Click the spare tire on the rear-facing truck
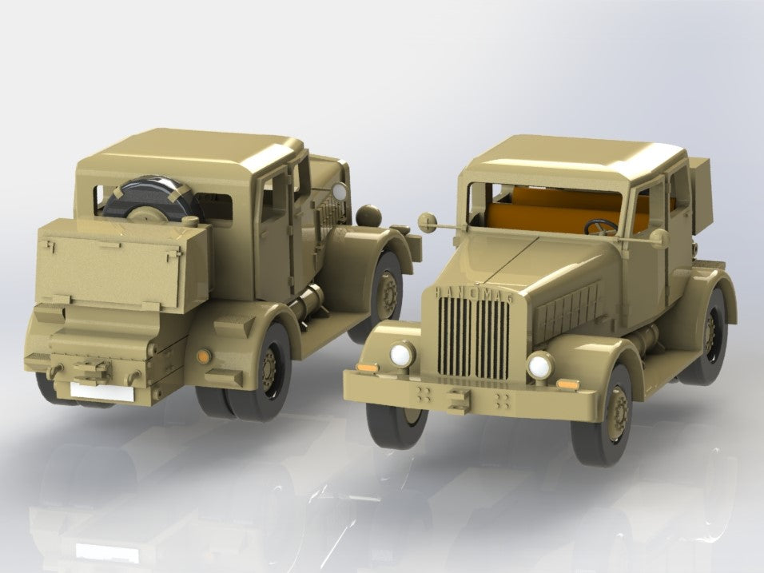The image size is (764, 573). click(x=152, y=199)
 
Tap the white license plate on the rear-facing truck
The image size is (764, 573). click(x=101, y=390)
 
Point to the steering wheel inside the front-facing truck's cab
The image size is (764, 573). click(x=601, y=227)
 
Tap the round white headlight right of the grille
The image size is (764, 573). click(x=540, y=366)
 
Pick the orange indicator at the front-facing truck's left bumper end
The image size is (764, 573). click(x=367, y=367)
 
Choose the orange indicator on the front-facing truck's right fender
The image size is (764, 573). click(x=568, y=384)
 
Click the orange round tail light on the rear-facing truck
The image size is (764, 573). click(x=202, y=353)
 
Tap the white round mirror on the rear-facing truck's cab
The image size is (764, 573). click(x=340, y=191)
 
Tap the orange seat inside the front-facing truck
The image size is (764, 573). click(x=551, y=216)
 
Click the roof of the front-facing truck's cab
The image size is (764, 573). click(x=575, y=160)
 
